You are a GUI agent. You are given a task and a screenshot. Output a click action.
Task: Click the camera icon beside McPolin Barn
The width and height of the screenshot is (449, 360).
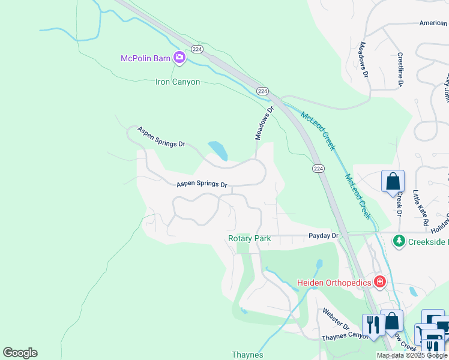[x=179, y=58]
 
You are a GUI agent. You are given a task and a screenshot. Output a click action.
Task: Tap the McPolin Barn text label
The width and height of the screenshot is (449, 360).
[x=146, y=58]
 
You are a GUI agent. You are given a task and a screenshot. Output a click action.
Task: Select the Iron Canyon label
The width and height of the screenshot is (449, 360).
[x=178, y=82]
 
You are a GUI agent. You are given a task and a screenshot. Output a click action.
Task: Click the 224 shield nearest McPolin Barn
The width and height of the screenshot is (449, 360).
[x=197, y=48]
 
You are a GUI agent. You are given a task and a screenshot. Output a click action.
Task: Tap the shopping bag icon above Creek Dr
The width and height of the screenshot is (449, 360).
[x=393, y=181]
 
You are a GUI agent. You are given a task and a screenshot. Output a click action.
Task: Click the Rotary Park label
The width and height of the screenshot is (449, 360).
[x=249, y=238]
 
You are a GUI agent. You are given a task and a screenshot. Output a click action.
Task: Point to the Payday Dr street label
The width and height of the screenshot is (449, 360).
[x=324, y=236]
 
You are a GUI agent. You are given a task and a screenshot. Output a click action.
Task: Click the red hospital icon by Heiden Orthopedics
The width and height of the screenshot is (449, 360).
[x=379, y=281]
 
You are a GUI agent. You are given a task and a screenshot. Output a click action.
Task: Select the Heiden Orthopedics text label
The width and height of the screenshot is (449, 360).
[x=334, y=282]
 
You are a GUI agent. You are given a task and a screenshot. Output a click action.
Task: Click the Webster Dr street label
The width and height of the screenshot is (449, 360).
[x=336, y=318]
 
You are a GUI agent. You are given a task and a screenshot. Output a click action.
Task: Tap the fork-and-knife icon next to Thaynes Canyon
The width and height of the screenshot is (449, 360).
[x=372, y=325]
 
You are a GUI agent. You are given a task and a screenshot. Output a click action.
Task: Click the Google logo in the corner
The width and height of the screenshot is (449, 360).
[x=20, y=352]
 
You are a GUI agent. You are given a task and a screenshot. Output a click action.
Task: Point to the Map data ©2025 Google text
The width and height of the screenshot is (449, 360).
[x=412, y=355]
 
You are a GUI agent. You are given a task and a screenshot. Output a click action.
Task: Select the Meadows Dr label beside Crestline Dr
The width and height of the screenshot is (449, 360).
[x=364, y=61]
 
